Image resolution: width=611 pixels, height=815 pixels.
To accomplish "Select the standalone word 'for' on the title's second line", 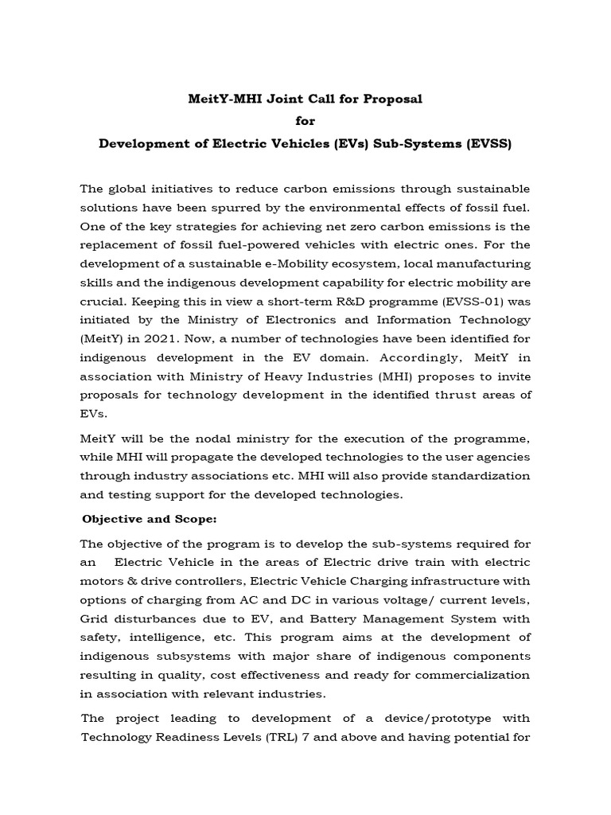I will tap(305, 122).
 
